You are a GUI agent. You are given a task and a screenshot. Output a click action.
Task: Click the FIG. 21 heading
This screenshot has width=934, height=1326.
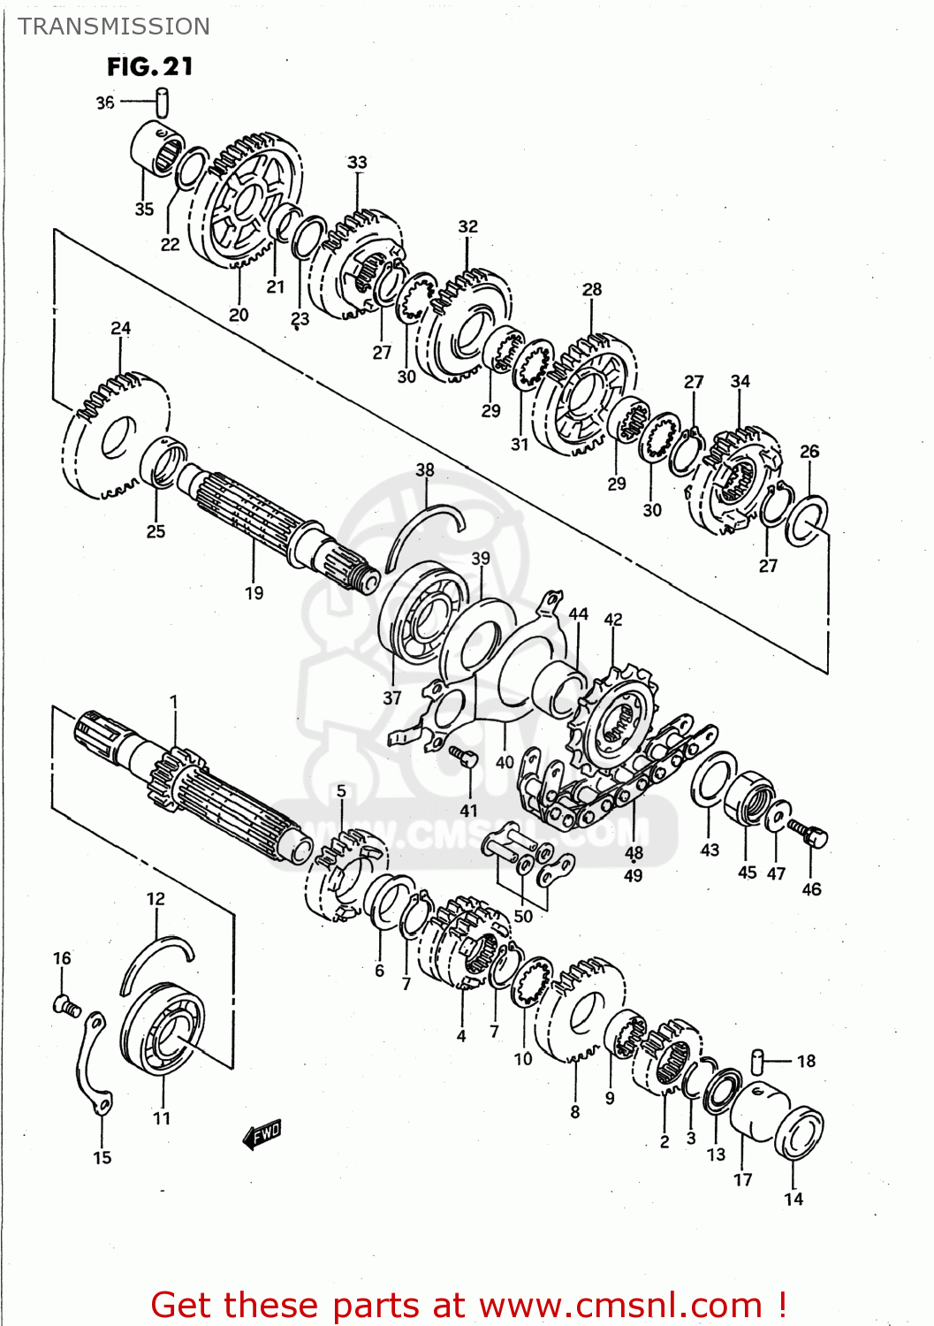(150, 67)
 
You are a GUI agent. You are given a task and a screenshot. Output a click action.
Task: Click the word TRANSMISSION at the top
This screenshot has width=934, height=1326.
(114, 27)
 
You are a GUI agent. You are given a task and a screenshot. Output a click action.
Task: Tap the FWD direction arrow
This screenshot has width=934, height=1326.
(262, 1134)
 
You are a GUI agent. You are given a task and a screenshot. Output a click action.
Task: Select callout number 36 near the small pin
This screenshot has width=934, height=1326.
(105, 103)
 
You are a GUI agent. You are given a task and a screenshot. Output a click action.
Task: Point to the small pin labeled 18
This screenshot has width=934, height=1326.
(757, 1058)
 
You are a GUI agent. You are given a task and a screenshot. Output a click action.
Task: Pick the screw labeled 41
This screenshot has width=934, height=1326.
(464, 757)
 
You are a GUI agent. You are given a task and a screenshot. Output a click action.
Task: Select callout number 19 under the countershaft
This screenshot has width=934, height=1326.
(254, 593)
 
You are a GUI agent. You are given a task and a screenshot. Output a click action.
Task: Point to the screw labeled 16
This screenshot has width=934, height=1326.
(65, 1004)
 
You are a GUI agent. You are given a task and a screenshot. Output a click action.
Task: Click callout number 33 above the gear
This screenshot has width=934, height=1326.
(357, 163)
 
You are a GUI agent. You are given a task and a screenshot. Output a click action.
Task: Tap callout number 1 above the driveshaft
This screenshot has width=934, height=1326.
(174, 703)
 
